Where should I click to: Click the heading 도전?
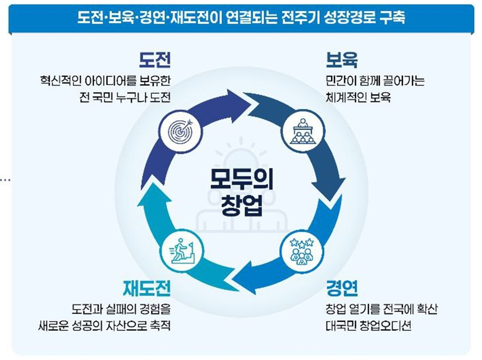point(155,60)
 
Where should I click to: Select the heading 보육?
point(342,60)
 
